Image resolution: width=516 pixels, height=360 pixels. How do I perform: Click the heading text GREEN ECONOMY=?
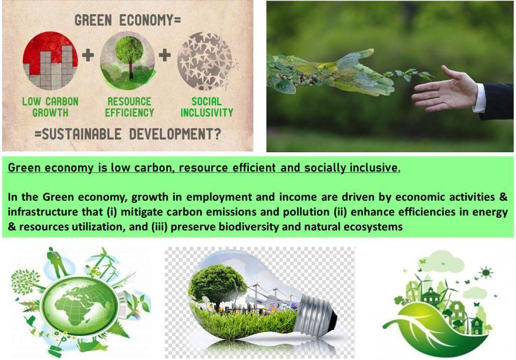pyautogui.click(x=127, y=21)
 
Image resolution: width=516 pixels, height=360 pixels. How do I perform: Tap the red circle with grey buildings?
pyautogui.click(x=50, y=61)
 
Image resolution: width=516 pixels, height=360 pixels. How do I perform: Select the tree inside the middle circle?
pyautogui.click(x=130, y=56)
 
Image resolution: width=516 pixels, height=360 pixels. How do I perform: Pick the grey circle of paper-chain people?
pyautogui.click(x=205, y=61)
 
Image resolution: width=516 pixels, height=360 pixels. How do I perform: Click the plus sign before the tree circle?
pyautogui.click(x=88, y=54)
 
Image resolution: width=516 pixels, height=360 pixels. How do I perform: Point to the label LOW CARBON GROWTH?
pyautogui.click(x=50, y=107)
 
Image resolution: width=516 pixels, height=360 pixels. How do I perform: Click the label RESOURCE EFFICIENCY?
pyautogui.click(x=130, y=107)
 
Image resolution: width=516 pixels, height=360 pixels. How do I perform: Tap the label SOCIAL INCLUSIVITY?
pyautogui.click(x=207, y=107)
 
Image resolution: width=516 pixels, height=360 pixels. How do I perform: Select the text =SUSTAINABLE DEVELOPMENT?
pyautogui.click(x=127, y=135)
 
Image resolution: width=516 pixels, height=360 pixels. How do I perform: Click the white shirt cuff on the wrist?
pyautogui.click(x=480, y=98)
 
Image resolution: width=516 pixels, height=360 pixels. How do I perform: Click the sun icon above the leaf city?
pyautogui.click(x=486, y=273)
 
